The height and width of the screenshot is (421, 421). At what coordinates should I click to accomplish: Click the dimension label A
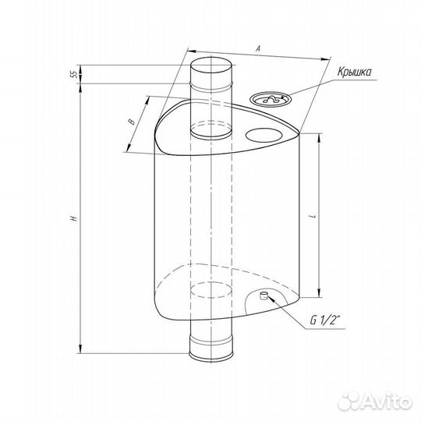point(258,48)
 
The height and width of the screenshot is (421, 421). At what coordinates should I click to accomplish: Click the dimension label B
point(132,122)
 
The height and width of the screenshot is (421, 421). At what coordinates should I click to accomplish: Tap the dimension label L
point(313,216)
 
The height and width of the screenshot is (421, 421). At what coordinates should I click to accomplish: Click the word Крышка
point(355,73)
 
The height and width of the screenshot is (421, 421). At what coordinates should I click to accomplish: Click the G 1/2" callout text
point(325,320)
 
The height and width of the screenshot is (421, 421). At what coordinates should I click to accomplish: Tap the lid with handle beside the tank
point(271,100)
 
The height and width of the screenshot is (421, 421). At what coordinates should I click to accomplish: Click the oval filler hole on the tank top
point(264,135)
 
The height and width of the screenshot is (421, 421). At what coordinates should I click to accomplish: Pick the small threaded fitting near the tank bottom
point(264,295)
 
